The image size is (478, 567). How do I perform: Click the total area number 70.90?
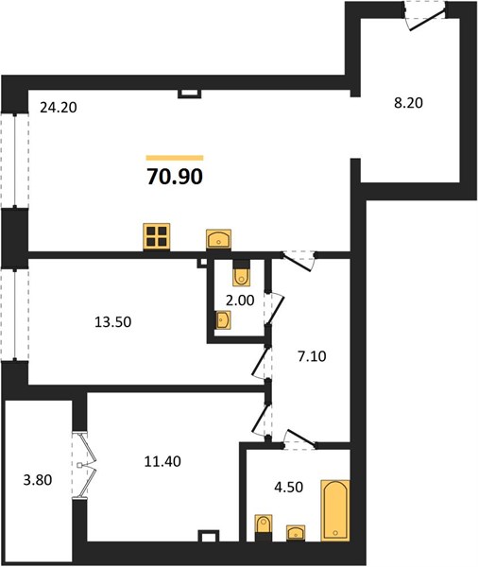tap(175, 177)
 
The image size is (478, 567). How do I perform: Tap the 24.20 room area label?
tap(59, 108)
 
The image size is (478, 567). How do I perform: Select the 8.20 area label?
tap(408, 103)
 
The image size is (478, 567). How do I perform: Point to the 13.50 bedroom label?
tap(112, 322)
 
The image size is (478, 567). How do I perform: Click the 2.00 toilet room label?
tap(240, 301)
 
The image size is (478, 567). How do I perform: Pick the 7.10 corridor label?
tap(312, 356)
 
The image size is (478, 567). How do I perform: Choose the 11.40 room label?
tap(162, 461)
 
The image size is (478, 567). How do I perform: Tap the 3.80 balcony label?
tap(38, 480)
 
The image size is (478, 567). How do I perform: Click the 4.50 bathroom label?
tap(288, 487)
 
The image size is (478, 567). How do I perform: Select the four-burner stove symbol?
tap(157, 236)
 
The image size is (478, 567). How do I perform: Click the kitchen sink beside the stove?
tap(218, 239)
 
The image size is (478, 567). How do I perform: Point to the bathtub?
tap(335, 510)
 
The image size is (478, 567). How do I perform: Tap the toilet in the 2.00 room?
tap(241, 273)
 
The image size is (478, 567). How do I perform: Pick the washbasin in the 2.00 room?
tap(223, 320)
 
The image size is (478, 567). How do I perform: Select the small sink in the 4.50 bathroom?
tap(296, 533)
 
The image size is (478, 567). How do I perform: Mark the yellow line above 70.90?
tap(175, 158)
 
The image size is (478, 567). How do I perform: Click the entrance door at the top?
tap(426, 18)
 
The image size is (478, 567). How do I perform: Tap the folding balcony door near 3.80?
tap(84, 465)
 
